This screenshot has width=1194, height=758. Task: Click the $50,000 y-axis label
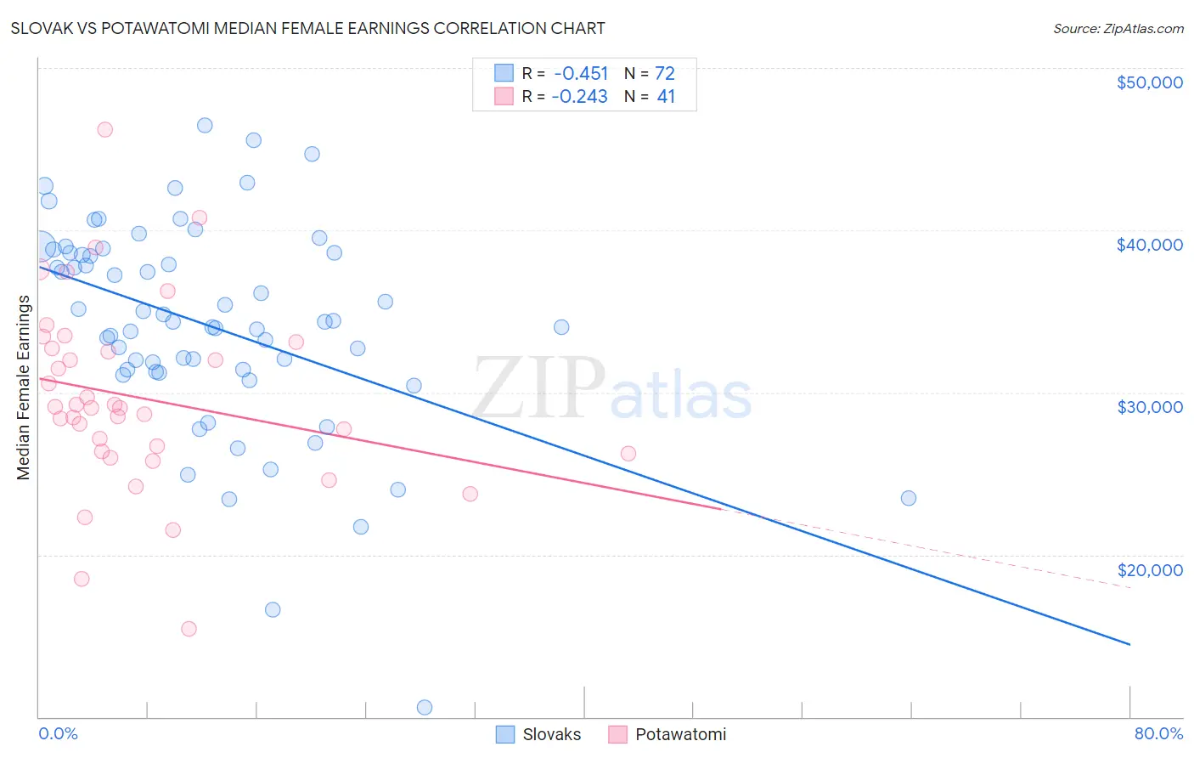point(1149,82)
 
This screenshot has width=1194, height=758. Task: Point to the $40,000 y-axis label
point(1149,245)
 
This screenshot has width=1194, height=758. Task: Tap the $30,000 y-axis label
point(1149,407)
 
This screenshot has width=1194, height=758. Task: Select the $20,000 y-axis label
point(1149,570)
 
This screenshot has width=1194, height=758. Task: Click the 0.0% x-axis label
point(58,733)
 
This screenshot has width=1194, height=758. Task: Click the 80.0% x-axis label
point(1158,733)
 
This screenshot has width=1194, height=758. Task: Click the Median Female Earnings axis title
point(24,387)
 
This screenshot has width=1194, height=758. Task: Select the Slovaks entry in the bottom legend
point(551,734)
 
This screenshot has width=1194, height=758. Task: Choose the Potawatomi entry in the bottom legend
point(680,734)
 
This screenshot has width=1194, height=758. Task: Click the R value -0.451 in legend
point(581,73)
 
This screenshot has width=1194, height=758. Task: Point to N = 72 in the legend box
point(650,73)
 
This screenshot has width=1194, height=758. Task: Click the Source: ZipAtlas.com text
point(1118,28)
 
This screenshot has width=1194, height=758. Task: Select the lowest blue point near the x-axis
point(425,707)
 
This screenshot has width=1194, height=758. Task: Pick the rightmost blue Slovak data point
point(909,498)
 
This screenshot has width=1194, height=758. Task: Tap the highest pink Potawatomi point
point(105,129)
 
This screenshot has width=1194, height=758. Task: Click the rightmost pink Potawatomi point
point(628,453)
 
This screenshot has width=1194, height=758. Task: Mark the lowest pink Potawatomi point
point(189,629)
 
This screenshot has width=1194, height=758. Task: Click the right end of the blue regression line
point(1129,645)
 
